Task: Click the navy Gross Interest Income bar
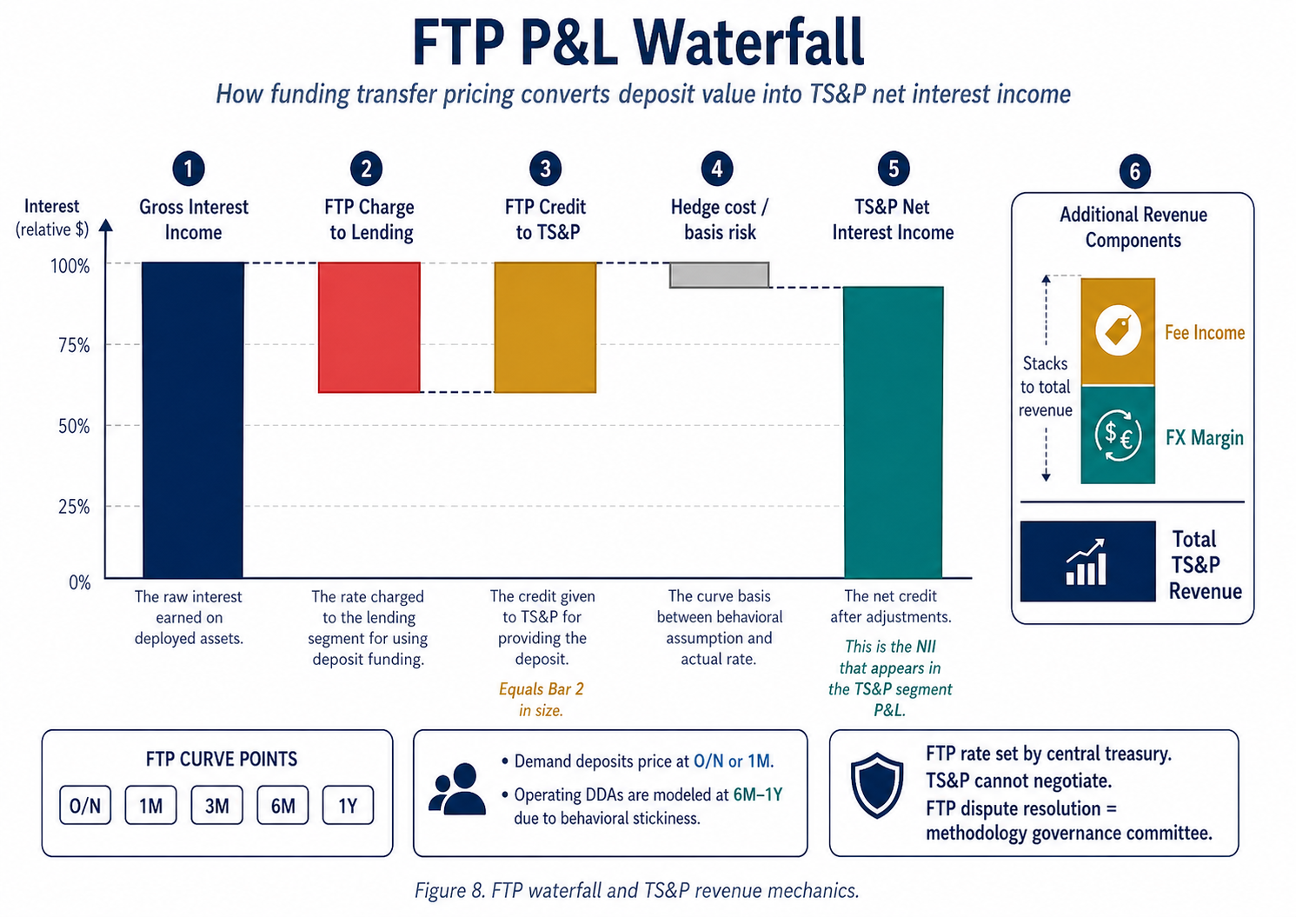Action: pos(193,420)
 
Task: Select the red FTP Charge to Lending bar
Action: pos(369,327)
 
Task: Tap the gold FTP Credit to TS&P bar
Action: pos(545,327)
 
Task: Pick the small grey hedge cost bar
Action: pos(720,275)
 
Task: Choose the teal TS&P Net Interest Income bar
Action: pos(894,432)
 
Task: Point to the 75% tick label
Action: pos(74,345)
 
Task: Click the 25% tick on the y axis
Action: pos(74,506)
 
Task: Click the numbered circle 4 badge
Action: pos(717,169)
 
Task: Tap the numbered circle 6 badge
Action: pos(1134,171)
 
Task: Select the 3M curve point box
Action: pos(217,806)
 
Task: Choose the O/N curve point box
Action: pos(85,806)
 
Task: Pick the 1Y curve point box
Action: pos(348,806)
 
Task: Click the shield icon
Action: pos(877,785)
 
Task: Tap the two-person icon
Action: pos(457,789)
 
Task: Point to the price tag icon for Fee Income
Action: pos(1118,330)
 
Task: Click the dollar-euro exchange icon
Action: pos(1118,434)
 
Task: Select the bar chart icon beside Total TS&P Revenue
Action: pos(1087,561)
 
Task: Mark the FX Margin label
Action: pos(1204,437)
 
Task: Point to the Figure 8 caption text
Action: pos(636,890)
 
